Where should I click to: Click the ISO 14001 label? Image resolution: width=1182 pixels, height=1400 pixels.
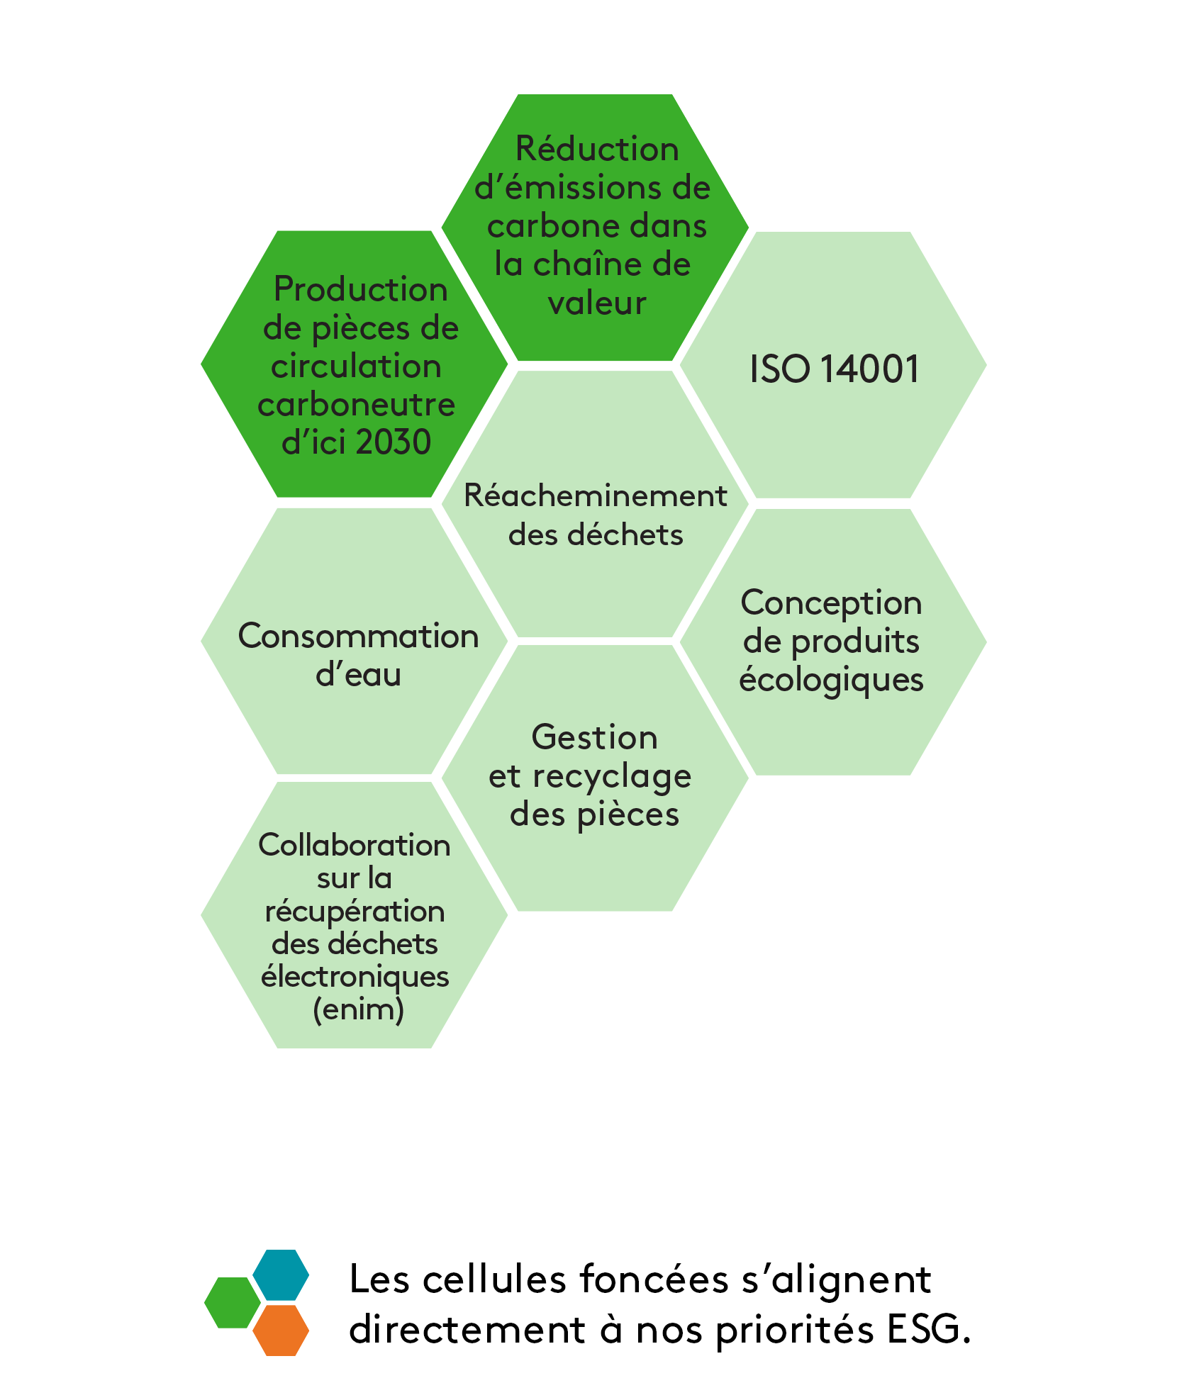pos(834,369)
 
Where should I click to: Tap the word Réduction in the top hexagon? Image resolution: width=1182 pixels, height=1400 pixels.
pos(597,150)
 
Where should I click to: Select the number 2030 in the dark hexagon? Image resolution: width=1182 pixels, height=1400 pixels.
pos(394,442)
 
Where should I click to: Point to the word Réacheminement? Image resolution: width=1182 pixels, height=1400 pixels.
pos(595,496)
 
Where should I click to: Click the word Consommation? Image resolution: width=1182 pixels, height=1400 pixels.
pos(358,637)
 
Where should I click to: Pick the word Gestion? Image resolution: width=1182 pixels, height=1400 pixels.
pos(594,738)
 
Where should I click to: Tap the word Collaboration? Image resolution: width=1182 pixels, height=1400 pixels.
pos(354,846)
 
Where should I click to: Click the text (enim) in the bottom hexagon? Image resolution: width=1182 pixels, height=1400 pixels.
pos(358,1009)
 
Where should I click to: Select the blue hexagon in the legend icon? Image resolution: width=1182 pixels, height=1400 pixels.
pos(281,1275)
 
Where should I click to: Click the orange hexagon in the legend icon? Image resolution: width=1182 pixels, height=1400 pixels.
pos(281,1331)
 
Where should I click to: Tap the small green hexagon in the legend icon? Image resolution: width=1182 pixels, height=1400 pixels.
pos(232,1303)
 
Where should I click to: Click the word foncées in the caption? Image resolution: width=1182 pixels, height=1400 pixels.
pos(654,1280)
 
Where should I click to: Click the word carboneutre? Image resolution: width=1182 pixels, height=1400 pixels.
pos(356,405)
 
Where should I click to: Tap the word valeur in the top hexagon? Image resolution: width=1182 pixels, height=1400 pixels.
pos(597,303)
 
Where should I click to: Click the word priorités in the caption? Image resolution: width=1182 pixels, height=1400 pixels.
pos(794,1331)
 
